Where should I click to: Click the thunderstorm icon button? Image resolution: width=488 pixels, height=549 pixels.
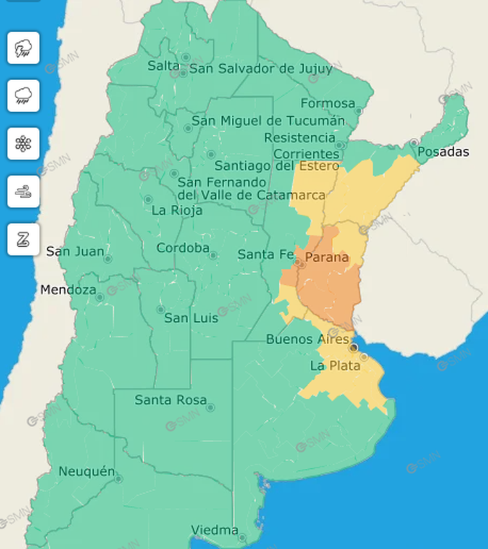(x=24, y=48)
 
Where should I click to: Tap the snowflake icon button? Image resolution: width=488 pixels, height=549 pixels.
(x=24, y=144)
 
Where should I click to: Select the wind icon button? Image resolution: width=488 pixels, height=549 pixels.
(x=24, y=192)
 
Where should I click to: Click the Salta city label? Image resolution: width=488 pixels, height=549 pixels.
(x=163, y=65)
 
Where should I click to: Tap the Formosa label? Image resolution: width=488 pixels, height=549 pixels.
(x=327, y=103)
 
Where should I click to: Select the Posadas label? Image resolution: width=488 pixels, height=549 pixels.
(x=443, y=152)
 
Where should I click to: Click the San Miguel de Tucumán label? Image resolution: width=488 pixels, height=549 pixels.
(x=268, y=121)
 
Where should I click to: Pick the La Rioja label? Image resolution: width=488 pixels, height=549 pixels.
(x=177, y=210)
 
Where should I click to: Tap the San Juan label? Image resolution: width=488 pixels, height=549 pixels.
(x=75, y=251)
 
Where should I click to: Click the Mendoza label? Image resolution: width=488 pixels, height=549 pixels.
(x=67, y=290)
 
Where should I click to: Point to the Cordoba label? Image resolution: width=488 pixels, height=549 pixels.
(x=183, y=248)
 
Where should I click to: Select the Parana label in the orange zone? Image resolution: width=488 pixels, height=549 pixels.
(x=326, y=258)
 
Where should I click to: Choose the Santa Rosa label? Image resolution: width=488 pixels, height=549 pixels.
(x=170, y=400)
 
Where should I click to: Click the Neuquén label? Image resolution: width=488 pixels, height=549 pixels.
(x=86, y=471)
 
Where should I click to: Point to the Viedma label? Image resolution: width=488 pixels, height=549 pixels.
(x=214, y=531)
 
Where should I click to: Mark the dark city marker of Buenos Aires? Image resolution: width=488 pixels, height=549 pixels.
(x=353, y=347)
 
